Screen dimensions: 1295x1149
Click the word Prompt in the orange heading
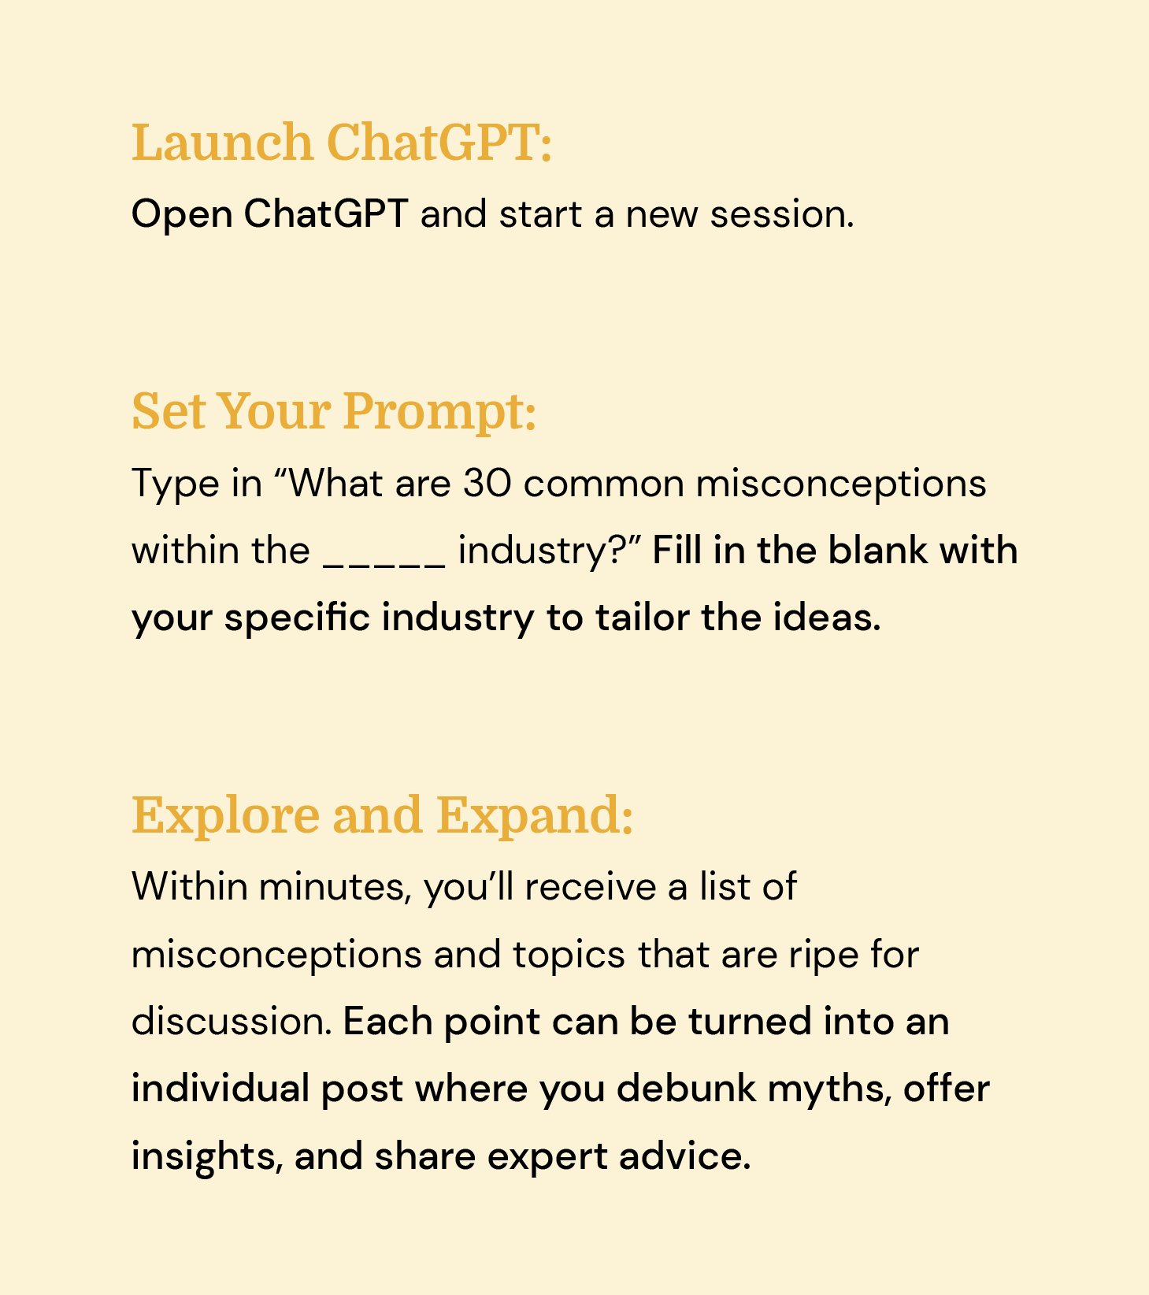click(x=439, y=411)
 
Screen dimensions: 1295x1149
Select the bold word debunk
click(x=687, y=1089)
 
